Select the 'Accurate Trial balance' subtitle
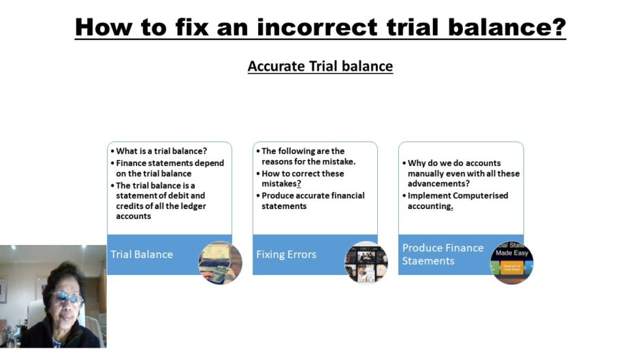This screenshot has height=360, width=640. (320, 66)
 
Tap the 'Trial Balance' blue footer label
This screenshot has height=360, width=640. (142, 255)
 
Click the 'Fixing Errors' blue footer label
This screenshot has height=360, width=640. (286, 255)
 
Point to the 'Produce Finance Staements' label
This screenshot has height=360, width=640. (443, 254)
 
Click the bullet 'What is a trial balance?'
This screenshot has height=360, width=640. (161, 151)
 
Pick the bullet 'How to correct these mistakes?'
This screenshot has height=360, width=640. (303, 178)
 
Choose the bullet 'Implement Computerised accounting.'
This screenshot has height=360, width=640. (458, 201)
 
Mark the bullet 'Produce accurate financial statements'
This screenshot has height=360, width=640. (313, 201)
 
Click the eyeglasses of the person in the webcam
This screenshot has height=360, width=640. (65, 298)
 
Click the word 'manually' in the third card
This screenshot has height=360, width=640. (428, 174)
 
